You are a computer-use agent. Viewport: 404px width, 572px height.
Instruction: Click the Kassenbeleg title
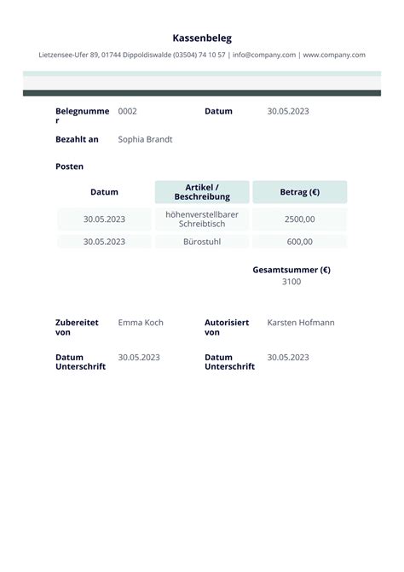[202, 38]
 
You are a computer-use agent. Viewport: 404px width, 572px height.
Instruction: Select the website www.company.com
[334, 55]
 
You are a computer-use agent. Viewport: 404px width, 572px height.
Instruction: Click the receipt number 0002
[127, 111]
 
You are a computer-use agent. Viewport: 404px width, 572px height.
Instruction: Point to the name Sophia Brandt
[145, 139]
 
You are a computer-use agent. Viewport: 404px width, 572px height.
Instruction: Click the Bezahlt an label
[77, 139]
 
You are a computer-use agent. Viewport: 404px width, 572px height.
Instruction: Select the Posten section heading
[69, 166]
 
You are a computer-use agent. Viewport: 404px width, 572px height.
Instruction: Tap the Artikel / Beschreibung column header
[202, 192]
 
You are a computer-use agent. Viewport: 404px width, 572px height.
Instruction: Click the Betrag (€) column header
[300, 192]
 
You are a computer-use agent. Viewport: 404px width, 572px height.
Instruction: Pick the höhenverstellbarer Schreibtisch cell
[202, 219]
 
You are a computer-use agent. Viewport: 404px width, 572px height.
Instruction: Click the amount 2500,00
[300, 219]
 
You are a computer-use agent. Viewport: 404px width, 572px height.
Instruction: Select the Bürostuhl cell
[202, 242]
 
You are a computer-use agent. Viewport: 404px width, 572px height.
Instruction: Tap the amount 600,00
[300, 242]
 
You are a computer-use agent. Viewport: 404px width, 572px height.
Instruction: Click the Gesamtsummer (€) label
[291, 270]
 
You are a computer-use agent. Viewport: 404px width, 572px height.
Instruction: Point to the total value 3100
[291, 282]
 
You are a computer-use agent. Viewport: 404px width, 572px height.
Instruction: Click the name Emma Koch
[141, 323]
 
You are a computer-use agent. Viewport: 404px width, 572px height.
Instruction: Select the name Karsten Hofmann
[301, 323]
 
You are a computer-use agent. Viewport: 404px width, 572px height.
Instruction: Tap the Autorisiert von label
[227, 328]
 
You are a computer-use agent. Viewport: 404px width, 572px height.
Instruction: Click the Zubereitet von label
[77, 328]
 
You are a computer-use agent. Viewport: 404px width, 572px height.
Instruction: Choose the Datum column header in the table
[104, 192]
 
